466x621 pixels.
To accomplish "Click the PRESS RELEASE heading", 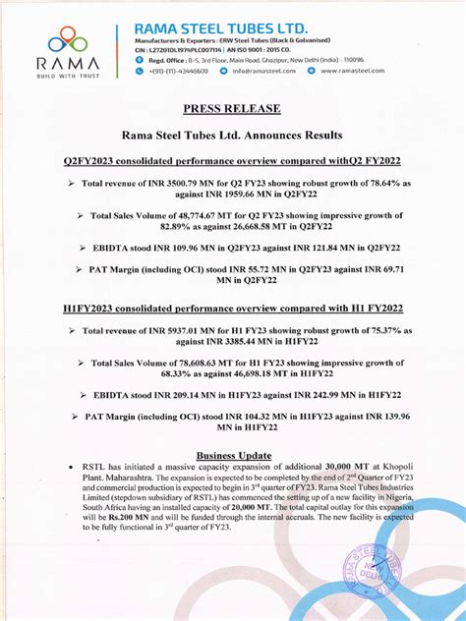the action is point(232,108).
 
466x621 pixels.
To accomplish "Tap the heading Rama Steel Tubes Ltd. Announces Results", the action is point(232,134).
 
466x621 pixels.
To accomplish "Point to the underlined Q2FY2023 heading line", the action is point(232,159).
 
